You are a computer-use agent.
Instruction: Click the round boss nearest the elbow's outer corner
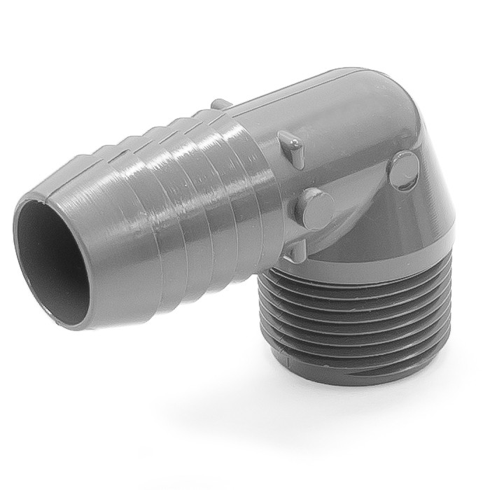(405, 170)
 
